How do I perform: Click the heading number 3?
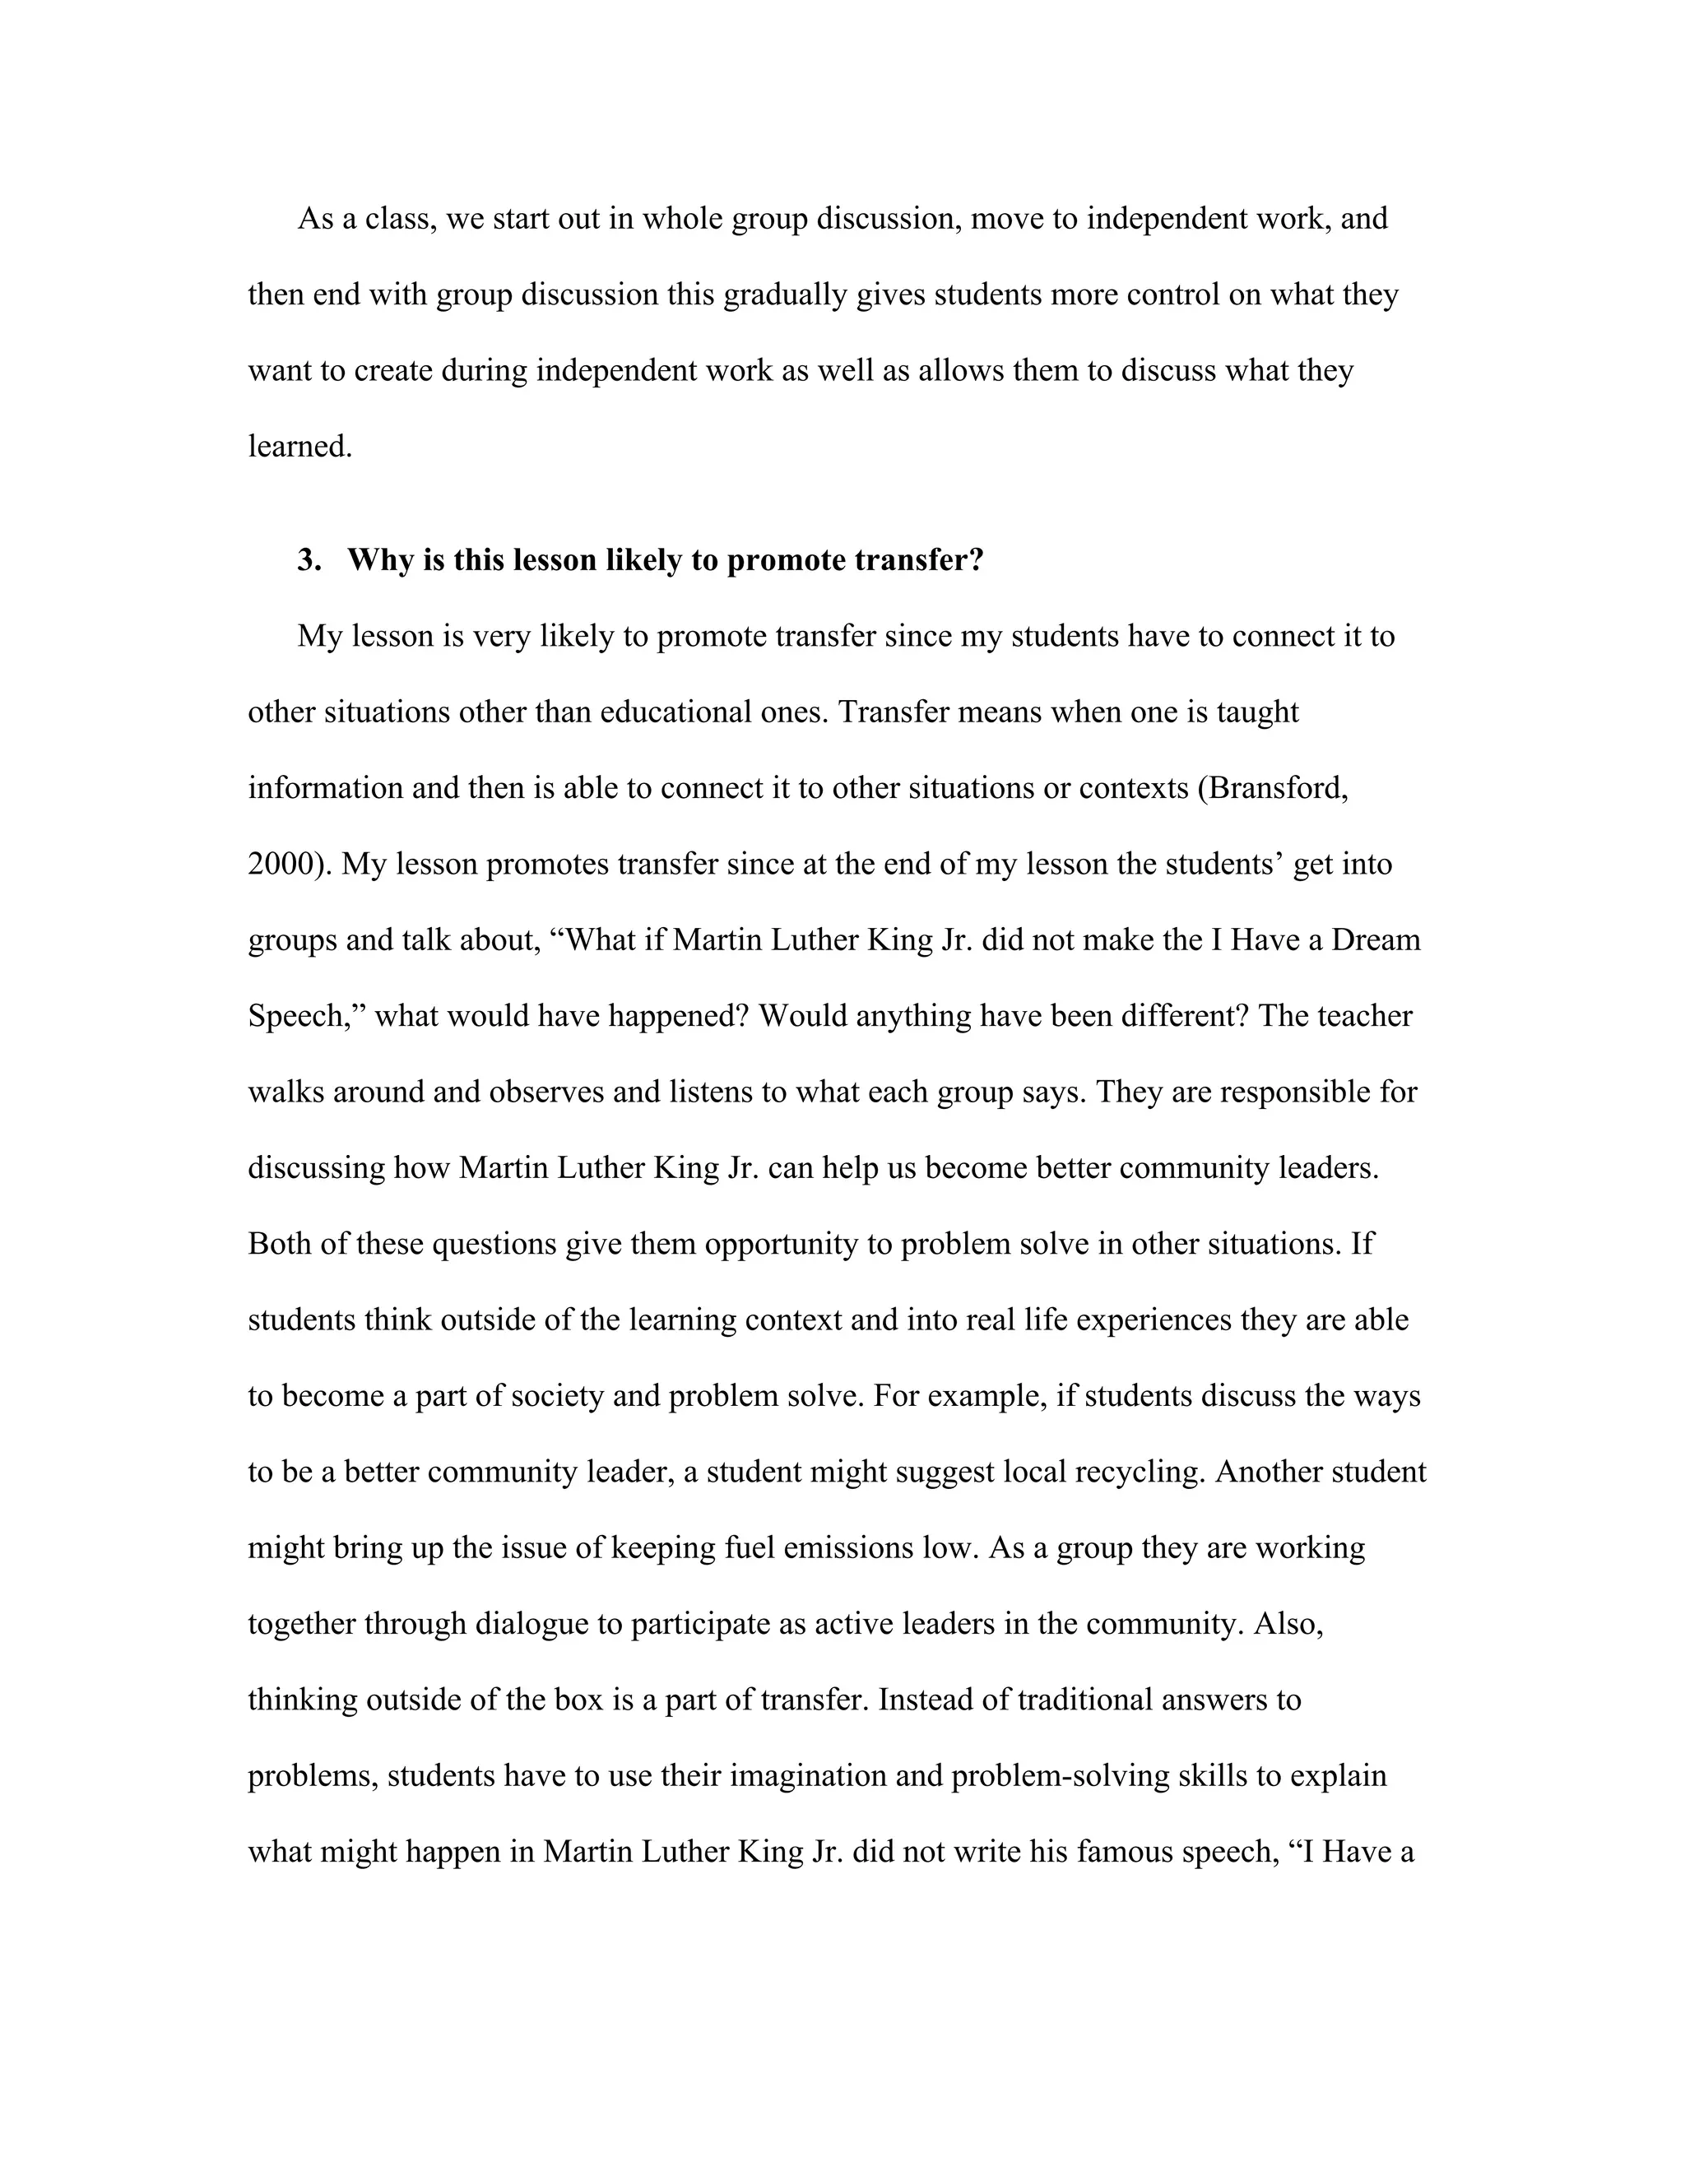tap(309, 560)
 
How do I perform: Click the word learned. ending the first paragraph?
tap(300, 446)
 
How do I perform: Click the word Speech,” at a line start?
tap(306, 1015)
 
